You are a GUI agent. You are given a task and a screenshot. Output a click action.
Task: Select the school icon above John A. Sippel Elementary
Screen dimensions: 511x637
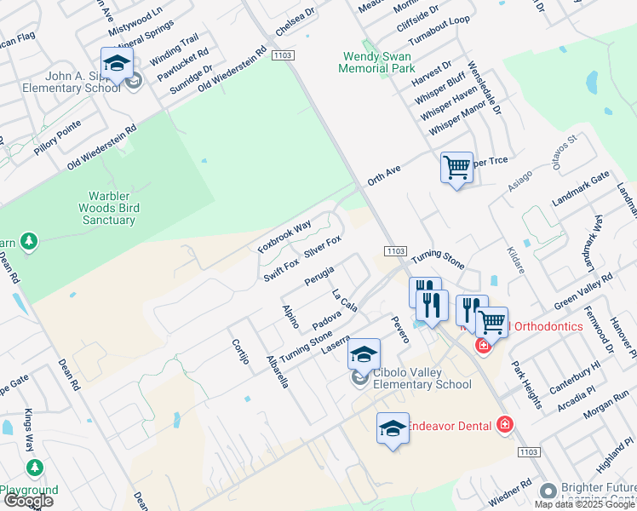click(117, 62)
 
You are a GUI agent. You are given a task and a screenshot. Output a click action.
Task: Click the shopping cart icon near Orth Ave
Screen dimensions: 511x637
click(456, 167)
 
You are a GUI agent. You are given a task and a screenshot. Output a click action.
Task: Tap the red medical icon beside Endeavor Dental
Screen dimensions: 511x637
click(504, 423)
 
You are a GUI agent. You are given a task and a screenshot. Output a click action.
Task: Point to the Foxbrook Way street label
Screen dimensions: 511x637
click(284, 237)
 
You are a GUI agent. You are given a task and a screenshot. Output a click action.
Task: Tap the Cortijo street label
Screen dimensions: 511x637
click(239, 351)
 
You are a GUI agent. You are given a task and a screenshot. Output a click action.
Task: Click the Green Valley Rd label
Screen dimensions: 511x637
click(583, 292)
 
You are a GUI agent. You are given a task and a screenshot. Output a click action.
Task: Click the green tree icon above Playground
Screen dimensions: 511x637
click(34, 468)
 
